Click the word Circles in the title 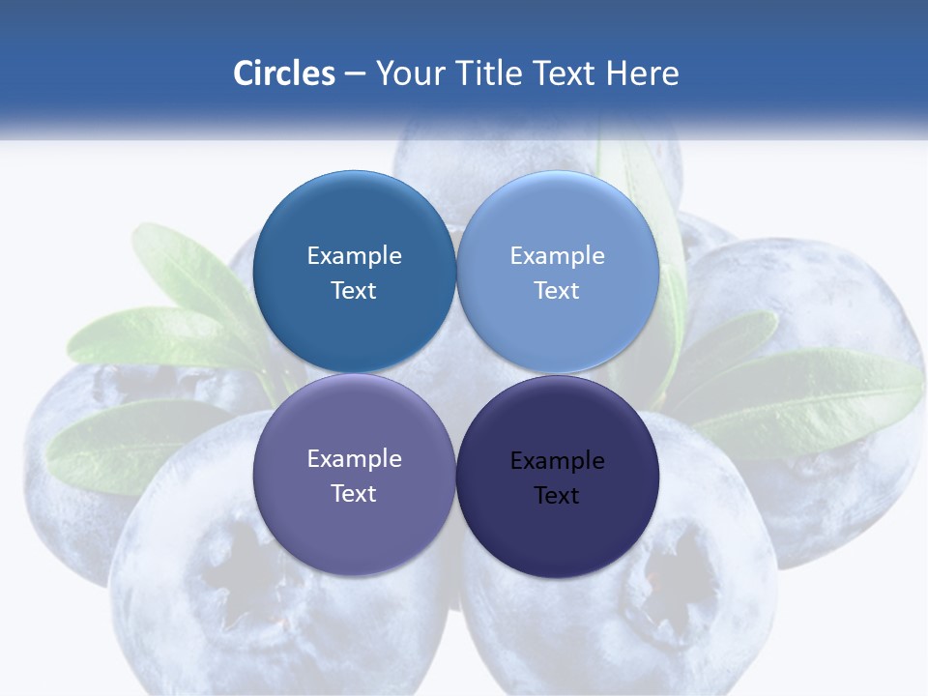coord(284,73)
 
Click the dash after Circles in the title coord(355,74)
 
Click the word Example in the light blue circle coord(558,256)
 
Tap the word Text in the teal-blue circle coord(354,291)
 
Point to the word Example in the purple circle coord(354,459)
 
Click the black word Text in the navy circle coord(557,496)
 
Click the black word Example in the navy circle coord(558,461)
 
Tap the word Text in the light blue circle coord(557,291)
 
